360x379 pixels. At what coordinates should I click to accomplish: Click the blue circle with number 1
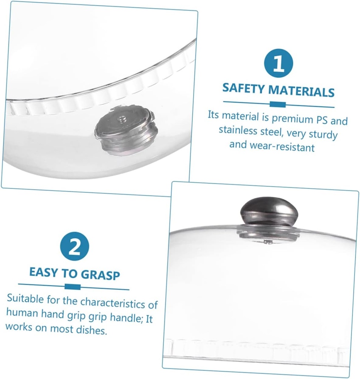point(278,63)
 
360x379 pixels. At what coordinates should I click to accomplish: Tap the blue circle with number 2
point(74,246)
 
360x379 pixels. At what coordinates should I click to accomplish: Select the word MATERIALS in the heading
point(301,91)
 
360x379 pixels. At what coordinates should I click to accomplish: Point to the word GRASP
point(100,275)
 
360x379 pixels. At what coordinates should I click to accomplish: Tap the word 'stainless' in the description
point(238,131)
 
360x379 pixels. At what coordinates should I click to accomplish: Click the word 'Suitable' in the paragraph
point(26,299)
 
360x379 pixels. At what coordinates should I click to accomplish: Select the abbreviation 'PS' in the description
point(322,120)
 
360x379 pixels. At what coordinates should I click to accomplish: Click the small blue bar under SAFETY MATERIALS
point(277,104)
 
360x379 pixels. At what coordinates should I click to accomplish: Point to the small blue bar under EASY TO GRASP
point(73,287)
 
